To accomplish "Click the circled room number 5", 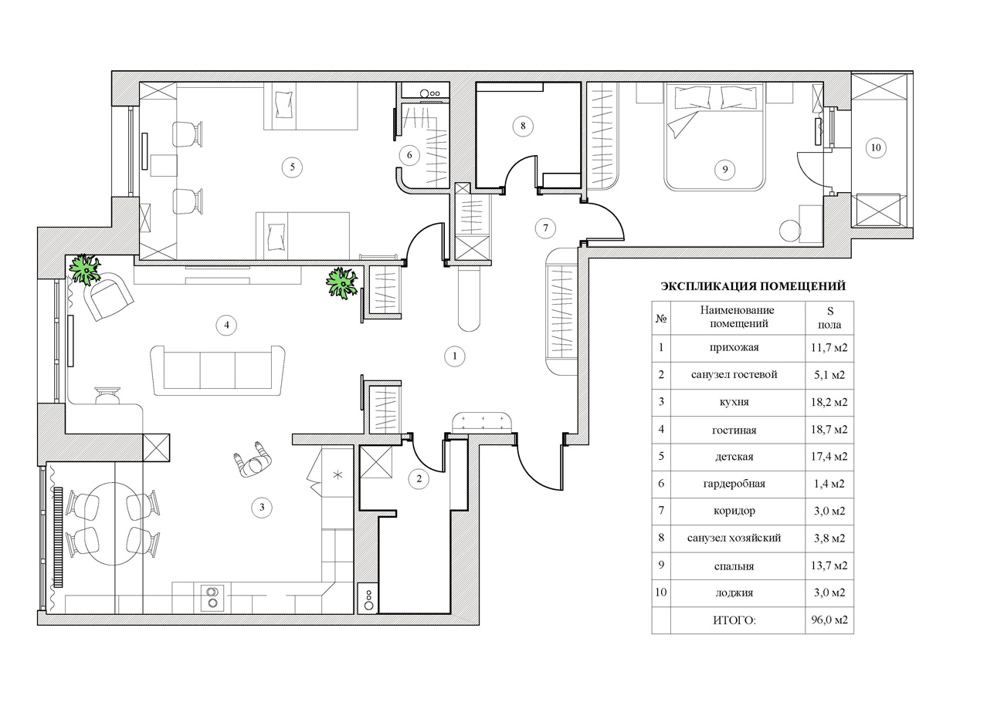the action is pyautogui.click(x=292, y=167).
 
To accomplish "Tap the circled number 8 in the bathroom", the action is pyautogui.click(x=523, y=127).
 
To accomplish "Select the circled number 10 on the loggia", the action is pyautogui.click(x=876, y=147).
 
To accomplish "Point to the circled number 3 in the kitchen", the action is pyautogui.click(x=262, y=507).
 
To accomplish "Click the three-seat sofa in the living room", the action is pyautogui.click(x=218, y=370).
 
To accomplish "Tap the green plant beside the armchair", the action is pyautogui.click(x=84, y=269).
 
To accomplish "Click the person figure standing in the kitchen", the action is pyautogui.click(x=253, y=460).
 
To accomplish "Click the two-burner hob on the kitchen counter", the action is pyautogui.click(x=212, y=598).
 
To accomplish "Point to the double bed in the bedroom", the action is pyautogui.click(x=714, y=137).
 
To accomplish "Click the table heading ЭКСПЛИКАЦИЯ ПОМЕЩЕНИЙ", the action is pyautogui.click(x=753, y=286).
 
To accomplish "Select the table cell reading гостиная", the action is pyautogui.click(x=734, y=430).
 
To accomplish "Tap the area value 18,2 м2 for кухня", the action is pyautogui.click(x=829, y=402).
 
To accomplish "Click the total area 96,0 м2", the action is pyautogui.click(x=829, y=620).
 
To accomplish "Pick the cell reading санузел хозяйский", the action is pyautogui.click(x=734, y=538).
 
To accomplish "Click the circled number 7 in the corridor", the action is pyautogui.click(x=545, y=228).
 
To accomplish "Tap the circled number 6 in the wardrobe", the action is pyautogui.click(x=409, y=155).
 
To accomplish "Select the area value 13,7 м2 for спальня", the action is pyautogui.click(x=829, y=566).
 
